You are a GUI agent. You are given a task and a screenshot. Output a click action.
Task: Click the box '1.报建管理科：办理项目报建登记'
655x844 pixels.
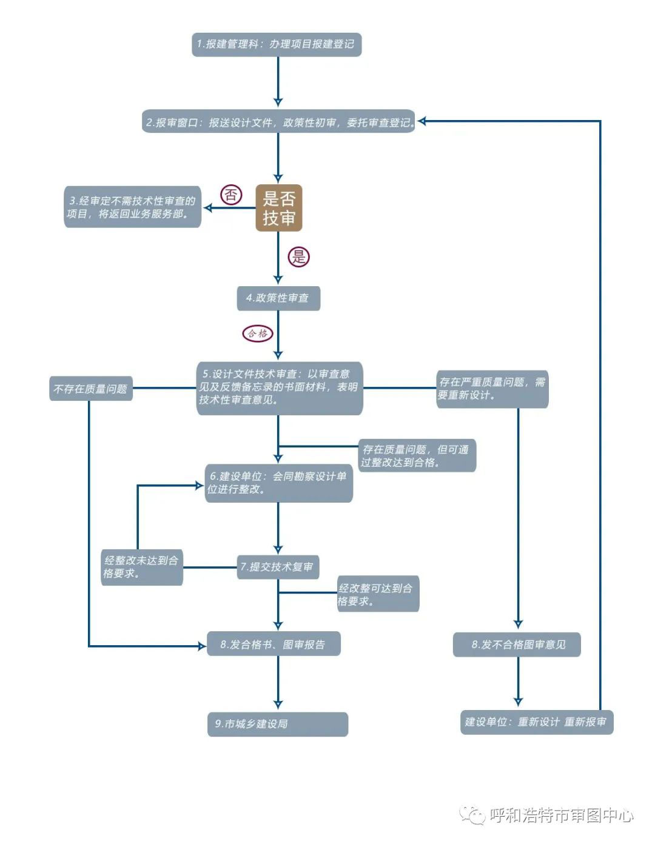[277, 44]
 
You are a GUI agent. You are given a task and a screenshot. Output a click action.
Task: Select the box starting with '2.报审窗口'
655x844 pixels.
[278, 122]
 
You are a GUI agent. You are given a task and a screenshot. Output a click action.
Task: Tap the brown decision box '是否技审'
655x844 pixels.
[278, 208]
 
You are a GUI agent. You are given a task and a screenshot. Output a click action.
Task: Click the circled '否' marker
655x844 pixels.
[230, 195]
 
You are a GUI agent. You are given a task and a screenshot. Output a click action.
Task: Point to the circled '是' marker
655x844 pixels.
[298, 256]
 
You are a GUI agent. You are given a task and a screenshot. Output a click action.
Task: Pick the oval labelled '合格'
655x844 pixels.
[258, 333]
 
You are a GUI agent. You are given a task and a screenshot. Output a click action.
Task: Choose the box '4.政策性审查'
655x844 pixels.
[278, 298]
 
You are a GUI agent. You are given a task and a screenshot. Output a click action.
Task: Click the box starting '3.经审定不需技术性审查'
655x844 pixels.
[132, 207]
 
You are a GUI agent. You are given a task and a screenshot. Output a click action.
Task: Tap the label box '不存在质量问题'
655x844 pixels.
[91, 389]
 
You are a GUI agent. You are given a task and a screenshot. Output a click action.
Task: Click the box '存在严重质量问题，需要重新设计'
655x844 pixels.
[492, 389]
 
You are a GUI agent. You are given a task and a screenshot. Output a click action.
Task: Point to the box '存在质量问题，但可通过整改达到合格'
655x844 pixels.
[417, 455]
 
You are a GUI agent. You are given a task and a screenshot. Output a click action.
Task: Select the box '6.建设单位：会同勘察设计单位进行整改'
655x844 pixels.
[278, 483]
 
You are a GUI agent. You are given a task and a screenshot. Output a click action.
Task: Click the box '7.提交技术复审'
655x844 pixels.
[278, 567]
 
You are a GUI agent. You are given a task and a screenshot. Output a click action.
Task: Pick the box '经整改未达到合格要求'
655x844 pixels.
[141, 567]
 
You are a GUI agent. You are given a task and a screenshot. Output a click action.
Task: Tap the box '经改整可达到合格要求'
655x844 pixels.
[377, 594]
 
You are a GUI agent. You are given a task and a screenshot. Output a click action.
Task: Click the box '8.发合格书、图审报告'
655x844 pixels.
[273, 644]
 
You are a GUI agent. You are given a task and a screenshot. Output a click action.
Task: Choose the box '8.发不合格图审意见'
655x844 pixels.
[517, 645]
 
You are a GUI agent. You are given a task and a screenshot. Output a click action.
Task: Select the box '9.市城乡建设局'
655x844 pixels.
[278, 724]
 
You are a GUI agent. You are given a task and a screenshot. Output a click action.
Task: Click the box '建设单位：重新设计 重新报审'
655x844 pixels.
[536, 722]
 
